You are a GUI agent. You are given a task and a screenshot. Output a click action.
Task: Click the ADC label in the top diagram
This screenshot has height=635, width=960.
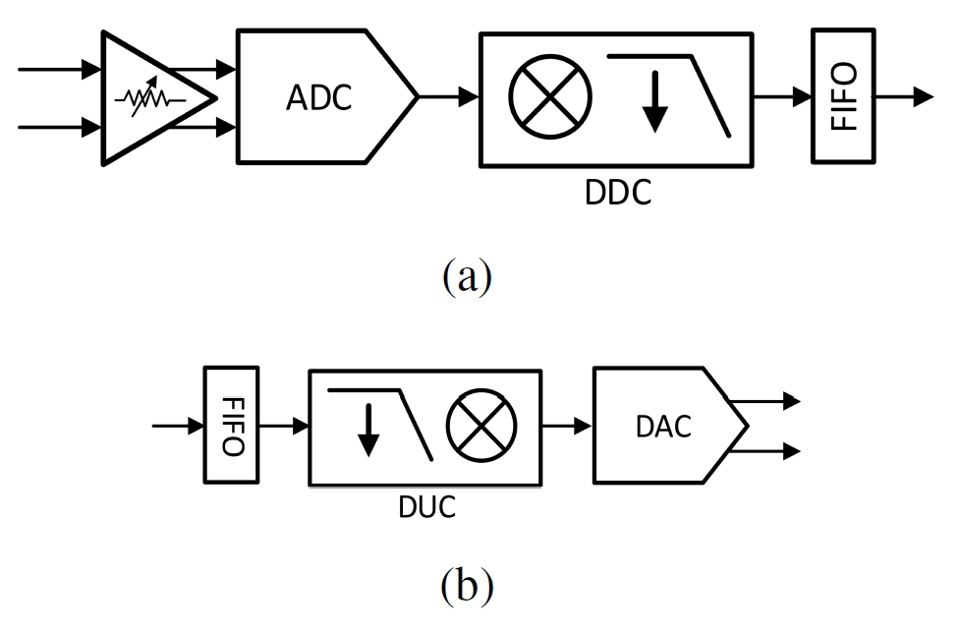pos(318,98)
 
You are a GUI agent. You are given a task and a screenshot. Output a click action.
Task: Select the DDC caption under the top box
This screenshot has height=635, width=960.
pos(618,194)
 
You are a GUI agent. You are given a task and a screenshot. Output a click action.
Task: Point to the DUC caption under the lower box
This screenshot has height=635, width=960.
pos(426,507)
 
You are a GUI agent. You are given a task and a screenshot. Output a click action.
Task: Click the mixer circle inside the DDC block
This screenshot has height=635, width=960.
pos(550,98)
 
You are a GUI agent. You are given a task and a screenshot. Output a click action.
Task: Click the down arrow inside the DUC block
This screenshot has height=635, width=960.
pos(367,433)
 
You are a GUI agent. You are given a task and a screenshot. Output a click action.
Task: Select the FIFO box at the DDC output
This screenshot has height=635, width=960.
pos(842,96)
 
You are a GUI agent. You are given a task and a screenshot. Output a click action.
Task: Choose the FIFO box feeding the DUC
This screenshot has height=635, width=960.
pos(231,426)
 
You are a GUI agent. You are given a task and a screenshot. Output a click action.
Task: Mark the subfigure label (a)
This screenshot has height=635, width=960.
pos(466,277)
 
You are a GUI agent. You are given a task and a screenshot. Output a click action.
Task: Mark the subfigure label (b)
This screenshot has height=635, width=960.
pos(466,586)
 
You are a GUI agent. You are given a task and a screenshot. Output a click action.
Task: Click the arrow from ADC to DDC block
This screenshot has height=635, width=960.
pos(450,96)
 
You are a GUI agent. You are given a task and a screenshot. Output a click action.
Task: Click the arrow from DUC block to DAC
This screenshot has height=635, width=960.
pos(568,427)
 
